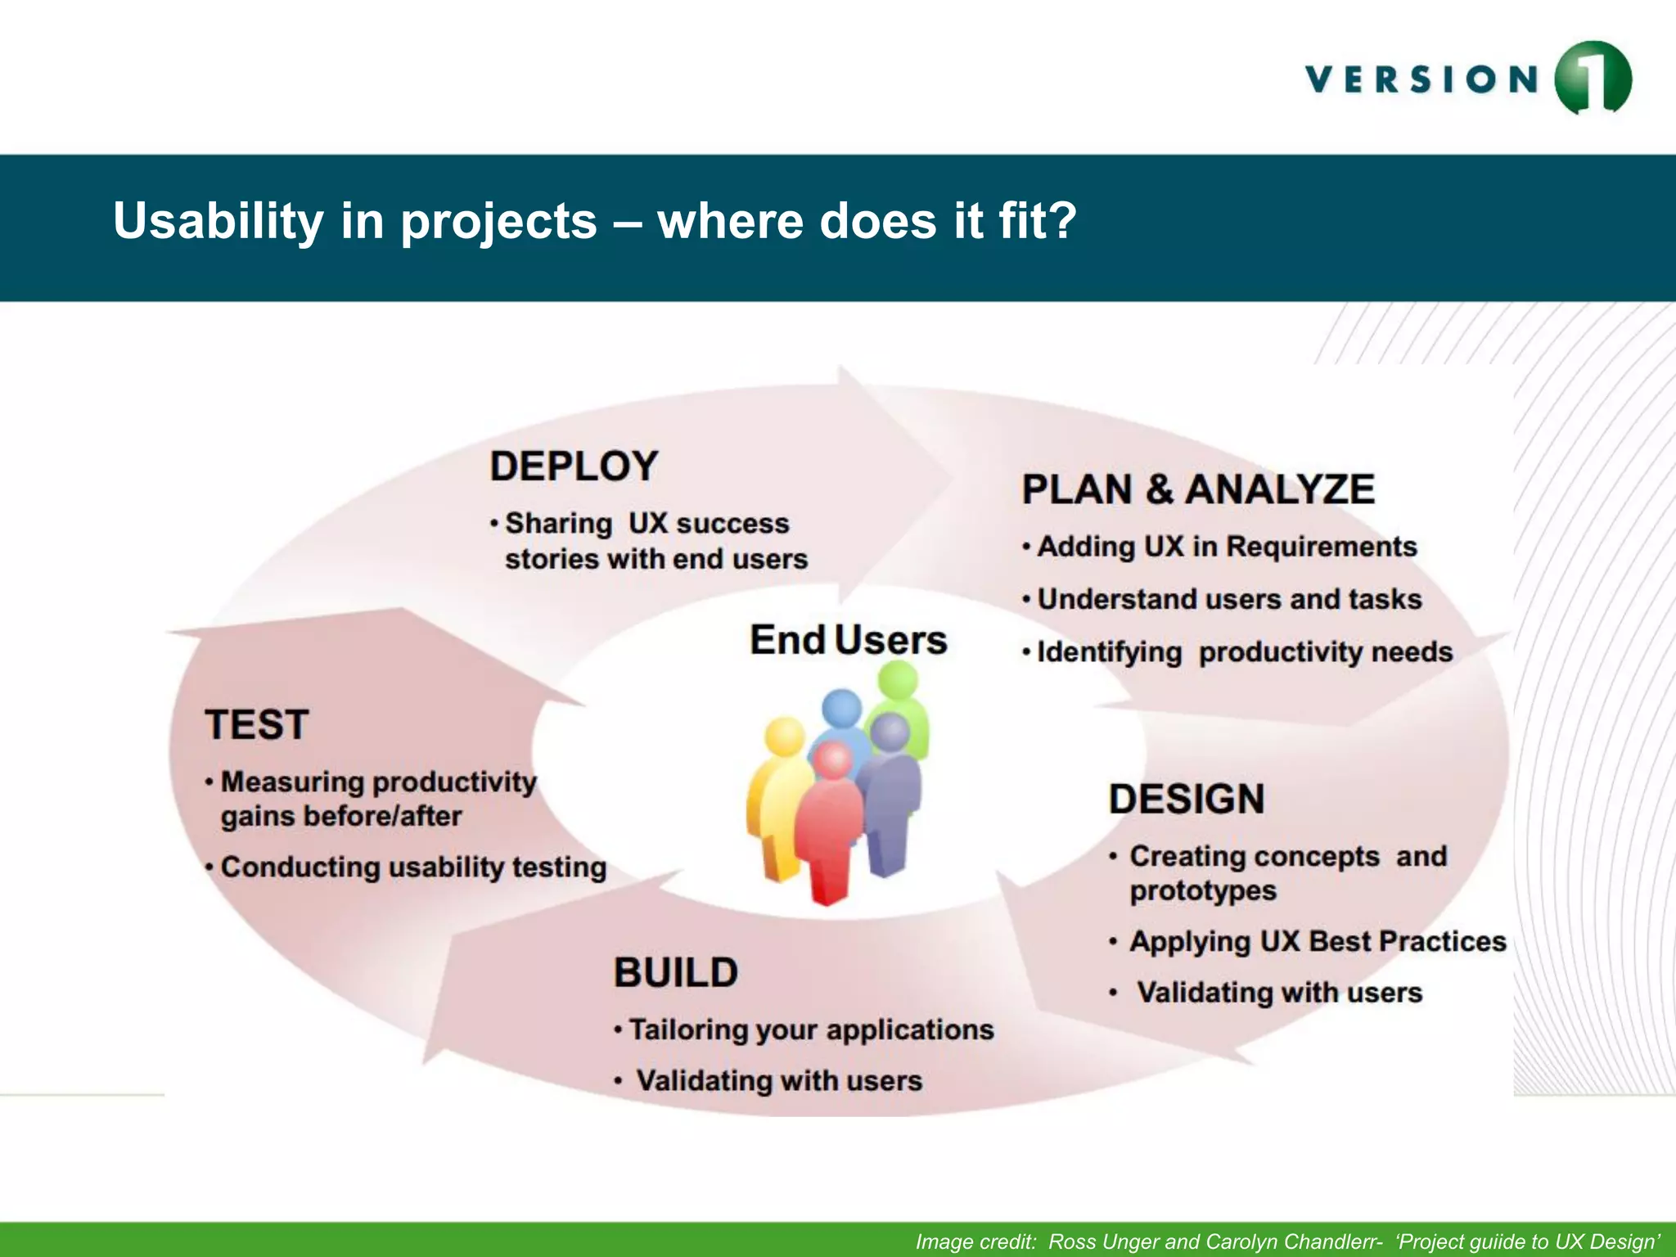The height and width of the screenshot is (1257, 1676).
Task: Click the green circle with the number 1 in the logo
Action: tap(1593, 79)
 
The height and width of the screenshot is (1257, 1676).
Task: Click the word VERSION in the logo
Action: tap(1422, 80)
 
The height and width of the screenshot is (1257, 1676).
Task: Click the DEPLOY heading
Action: tap(574, 466)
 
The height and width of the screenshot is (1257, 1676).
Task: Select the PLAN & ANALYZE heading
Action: tap(1198, 489)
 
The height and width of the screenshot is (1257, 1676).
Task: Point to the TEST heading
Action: tap(257, 725)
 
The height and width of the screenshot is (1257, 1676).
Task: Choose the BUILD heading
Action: tap(676, 973)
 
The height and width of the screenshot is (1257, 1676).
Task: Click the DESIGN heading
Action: tap(1187, 799)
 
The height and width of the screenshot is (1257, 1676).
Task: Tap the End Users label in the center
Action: tap(849, 640)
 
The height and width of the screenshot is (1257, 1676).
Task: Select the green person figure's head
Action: tap(899, 680)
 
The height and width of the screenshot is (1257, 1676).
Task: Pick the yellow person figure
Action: tap(777, 802)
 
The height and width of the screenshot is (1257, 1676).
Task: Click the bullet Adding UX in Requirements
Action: tap(1226, 547)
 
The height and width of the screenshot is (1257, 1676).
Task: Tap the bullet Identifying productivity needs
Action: tap(1244, 652)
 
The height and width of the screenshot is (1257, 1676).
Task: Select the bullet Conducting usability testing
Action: tap(413, 867)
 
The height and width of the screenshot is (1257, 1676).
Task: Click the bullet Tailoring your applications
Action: tap(810, 1029)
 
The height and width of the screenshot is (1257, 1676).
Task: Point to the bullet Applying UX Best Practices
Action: tap(1318, 941)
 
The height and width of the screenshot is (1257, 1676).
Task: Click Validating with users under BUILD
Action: tap(779, 1081)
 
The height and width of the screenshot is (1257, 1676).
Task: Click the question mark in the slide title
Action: tap(1061, 221)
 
